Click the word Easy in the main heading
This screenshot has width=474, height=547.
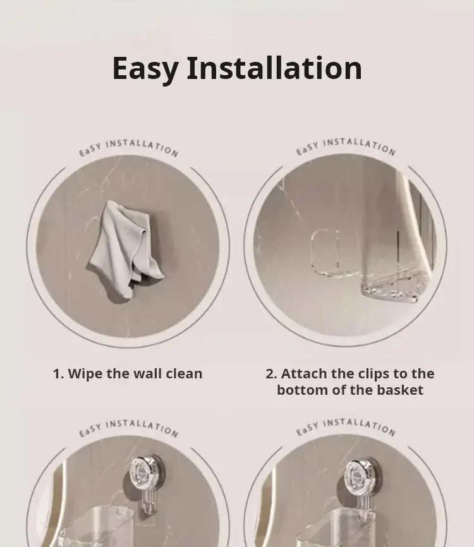146,69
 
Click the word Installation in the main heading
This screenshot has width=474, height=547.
275,68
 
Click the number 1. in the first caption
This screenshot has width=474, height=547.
59,374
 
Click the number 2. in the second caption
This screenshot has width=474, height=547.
271,374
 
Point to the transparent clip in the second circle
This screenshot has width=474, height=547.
325,251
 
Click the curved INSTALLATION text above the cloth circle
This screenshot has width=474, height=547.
142,148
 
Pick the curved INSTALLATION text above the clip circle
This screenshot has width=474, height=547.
360,146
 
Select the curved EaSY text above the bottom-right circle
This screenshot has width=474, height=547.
307,429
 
